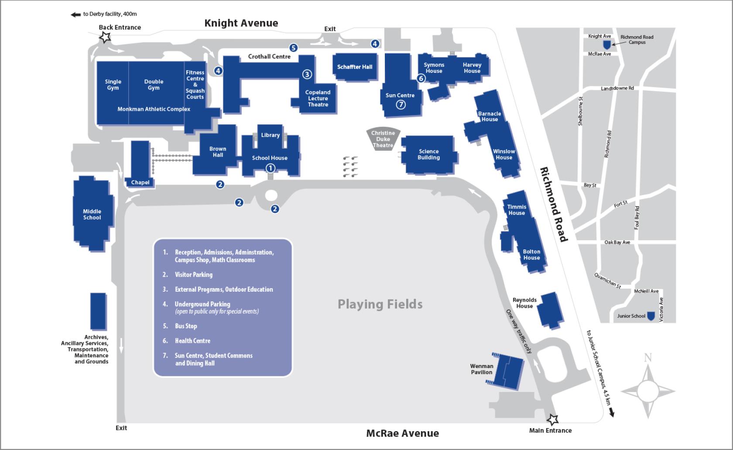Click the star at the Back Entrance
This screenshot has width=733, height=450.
(x=105, y=37)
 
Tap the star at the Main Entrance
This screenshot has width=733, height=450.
(x=553, y=419)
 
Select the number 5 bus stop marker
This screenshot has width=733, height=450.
(x=293, y=48)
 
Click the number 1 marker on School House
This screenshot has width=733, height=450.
(x=270, y=168)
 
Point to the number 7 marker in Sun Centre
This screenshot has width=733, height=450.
(x=401, y=105)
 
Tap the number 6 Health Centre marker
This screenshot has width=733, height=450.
(x=421, y=78)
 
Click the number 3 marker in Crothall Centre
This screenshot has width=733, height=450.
(x=307, y=74)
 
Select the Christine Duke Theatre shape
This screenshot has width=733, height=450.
(x=383, y=139)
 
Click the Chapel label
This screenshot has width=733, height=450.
(x=140, y=182)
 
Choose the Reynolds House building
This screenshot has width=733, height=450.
(x=549, y=310)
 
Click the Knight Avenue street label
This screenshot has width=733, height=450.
(x=241, y=23)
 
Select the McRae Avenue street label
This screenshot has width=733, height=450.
(x=402, y=433)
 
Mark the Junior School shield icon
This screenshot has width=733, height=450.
(x=651, y=316)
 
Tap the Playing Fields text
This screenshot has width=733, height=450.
(x=380, y=304)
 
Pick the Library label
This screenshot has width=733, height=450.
(x=271, y=135)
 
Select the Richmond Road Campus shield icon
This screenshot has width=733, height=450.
(x=606, y=44)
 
